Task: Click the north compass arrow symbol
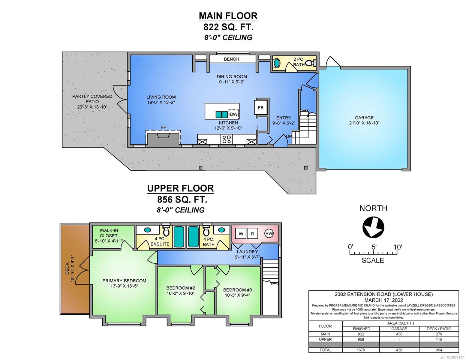click(373, 227)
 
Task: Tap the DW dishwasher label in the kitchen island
click(234, 114)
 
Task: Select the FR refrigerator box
click(260, 108)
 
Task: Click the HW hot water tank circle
click(269, 233)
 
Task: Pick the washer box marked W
click(241, 234)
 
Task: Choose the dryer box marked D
click(252, 234)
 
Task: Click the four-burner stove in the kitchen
click(227, 139)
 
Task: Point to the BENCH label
click(231, 59)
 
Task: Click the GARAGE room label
click(364, 118)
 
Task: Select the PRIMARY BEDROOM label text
click(125, 281)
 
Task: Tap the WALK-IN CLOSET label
click(109, 233)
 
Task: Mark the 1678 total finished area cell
click(361, 350)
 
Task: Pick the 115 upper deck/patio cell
click(439, 339)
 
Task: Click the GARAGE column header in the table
click(399, 329)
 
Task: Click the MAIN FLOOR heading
click(228, 16)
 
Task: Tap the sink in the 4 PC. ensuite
click(147, 230)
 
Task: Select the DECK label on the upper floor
click(67, 269)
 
